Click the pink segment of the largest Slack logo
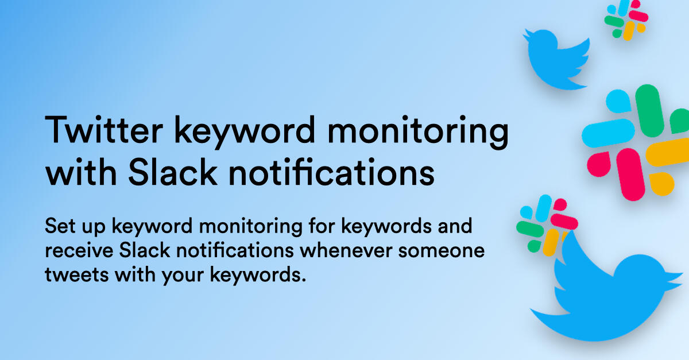point(620,172)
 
